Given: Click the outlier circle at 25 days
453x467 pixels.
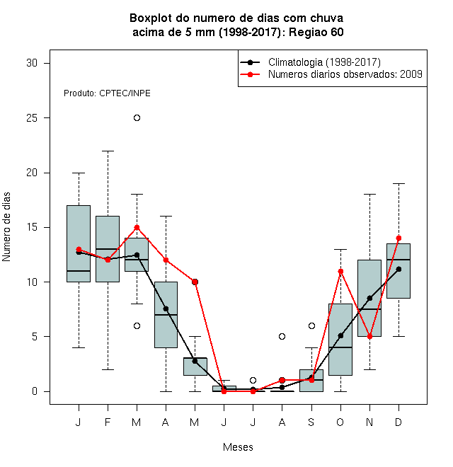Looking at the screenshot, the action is pyautogui.click(x=137, y=118).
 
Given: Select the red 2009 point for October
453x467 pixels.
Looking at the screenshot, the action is pyautogui.click(x=340, y=271).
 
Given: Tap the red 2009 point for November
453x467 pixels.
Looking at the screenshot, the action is pyautogui.click(x=370, y=337).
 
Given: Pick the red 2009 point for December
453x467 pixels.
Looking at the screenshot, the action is pyautogui.click(x=398, y=238).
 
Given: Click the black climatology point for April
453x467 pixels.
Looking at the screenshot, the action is pyautogui.click(x=166, y=309).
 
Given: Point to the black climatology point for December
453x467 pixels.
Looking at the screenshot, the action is pyautogui.click(x=398, y=270).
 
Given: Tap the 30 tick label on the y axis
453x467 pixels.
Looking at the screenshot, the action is pyautogui.click(x=32, y=63).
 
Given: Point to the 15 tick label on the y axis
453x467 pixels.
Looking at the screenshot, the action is pyautogui.click(x=32, y=228).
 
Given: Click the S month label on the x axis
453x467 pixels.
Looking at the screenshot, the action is pyautogui.click(x=311, y=422).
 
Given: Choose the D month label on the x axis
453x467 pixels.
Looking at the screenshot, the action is pyautogui.click(x=398, y=422).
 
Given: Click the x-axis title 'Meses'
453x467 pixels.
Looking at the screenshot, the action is pyautogui.click(x=238, y=447).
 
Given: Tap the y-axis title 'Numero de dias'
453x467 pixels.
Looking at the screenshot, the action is pyautogui.click(x=6, y=227).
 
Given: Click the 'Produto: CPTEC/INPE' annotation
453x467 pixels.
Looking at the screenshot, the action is pyautogui.click(x=107, y=93).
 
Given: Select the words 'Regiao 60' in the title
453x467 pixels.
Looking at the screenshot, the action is pyautogui.click(x=316, y=32).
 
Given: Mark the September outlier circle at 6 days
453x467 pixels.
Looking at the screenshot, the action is pyautogui.click(x=311, y=325).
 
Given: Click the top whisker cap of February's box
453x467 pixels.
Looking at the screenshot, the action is pyautogui.click(x=108, y=151).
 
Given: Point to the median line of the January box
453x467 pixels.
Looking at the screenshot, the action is pyautogui.click(x=79, y=271).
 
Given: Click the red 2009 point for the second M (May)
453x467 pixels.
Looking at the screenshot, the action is pyautogui.click(x=195, y=282).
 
